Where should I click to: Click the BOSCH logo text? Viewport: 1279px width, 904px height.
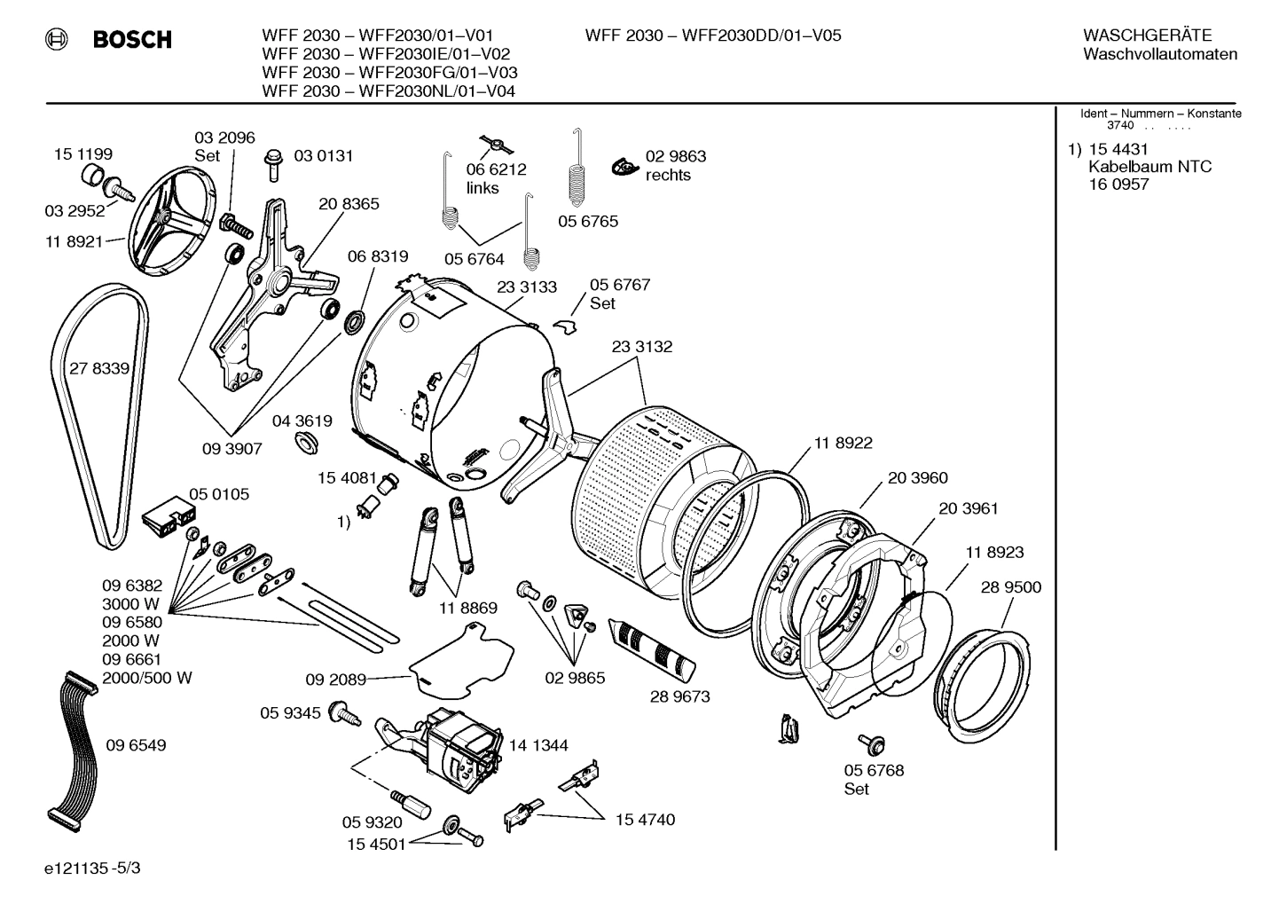click(x=131, y=39)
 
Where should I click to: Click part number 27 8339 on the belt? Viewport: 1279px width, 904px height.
click(x=99, y=368)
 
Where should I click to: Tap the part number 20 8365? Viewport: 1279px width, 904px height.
click(x=349, y=203)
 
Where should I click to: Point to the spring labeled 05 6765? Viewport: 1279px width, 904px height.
click(x=577, y=177)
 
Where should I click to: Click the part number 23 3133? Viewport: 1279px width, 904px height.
click(x=527, y=287)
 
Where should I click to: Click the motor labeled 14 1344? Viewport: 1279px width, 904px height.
click(x=461, y=745)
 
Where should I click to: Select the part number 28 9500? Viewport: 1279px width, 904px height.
click(x=1011, y=587)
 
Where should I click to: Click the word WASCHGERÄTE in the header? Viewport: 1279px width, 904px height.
click(x=1147, y=35)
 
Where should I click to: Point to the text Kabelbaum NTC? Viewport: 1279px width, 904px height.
click(x=1150, y=167)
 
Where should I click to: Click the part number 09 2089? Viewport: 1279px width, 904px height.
click(x=336, y=680)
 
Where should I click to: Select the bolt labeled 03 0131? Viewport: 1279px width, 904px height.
click(x=273, y=163)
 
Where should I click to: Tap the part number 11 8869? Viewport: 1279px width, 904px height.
click(x=467, y=608)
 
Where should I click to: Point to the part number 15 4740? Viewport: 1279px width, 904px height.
click(x=645, y=819)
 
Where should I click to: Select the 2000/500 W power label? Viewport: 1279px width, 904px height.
click(x=147, y=678)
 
